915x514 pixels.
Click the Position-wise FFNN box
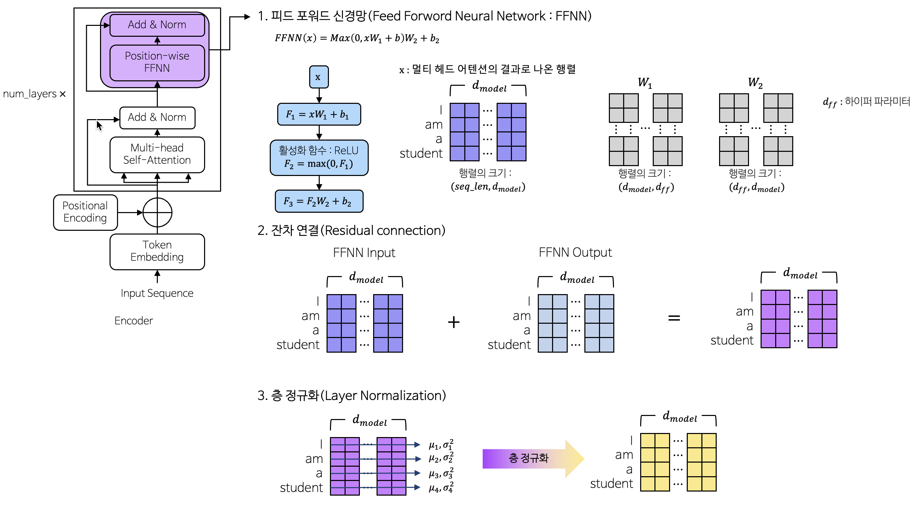(x=157, y=62)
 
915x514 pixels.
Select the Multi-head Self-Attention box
(x=157, y=154)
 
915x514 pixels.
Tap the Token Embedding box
(x=157, y=251)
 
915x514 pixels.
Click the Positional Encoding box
(x=85, y=212)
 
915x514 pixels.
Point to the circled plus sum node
(x=157, y=212)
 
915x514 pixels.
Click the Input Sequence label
(x=157, y=293)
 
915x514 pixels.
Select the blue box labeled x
(x=319, y=77)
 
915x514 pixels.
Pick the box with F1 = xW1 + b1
(x=319, y=114)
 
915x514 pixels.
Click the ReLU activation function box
(x=319, y=158)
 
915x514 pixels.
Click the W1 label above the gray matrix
(x=645, y=83)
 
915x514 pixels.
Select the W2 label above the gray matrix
(x=755, y=83)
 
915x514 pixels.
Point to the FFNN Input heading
(x=364, y=253)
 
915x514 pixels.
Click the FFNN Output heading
(x=575, y=252)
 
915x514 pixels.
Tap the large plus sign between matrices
(x=454, y=322)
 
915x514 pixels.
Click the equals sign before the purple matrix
(x=674, y=318)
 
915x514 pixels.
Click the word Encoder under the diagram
(x=134, y=321)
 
